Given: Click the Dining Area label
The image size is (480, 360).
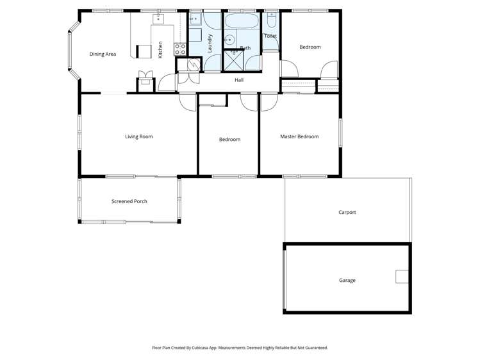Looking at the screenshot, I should pos(103,54).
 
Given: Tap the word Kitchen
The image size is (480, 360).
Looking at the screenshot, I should pos(160,49).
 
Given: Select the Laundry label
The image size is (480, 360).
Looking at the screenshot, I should pos(210,42).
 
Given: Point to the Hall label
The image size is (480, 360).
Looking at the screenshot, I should pos(239,80).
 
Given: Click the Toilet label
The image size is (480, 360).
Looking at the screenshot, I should pos(270,36).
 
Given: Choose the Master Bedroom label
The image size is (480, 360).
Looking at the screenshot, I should pos(299,136).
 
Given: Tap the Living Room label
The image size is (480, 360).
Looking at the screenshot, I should pos(138,136).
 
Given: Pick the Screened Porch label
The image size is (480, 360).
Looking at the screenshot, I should pos(129,201).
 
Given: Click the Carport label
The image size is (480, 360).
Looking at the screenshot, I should pos(347,212).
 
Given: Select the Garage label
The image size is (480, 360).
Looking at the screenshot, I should pos(347,280).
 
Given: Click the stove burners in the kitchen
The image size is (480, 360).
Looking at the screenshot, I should pos(180,47).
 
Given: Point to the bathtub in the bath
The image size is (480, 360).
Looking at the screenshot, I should pos(241,22).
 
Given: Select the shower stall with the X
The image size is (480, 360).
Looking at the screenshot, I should pos(233,61).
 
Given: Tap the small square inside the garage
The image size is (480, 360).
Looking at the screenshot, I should pos(402,277).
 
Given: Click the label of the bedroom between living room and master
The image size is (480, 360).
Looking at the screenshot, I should pos(229,139).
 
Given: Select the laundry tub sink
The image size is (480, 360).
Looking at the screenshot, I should pos(195,19).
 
